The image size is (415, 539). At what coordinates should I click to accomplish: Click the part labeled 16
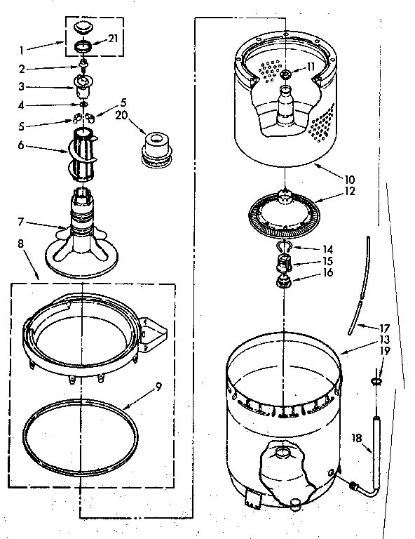(286, 282)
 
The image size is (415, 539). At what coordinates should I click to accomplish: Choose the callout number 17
(383, 327)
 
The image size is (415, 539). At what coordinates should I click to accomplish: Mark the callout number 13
(383, 338)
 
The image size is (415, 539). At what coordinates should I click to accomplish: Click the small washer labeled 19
(376, 380)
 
